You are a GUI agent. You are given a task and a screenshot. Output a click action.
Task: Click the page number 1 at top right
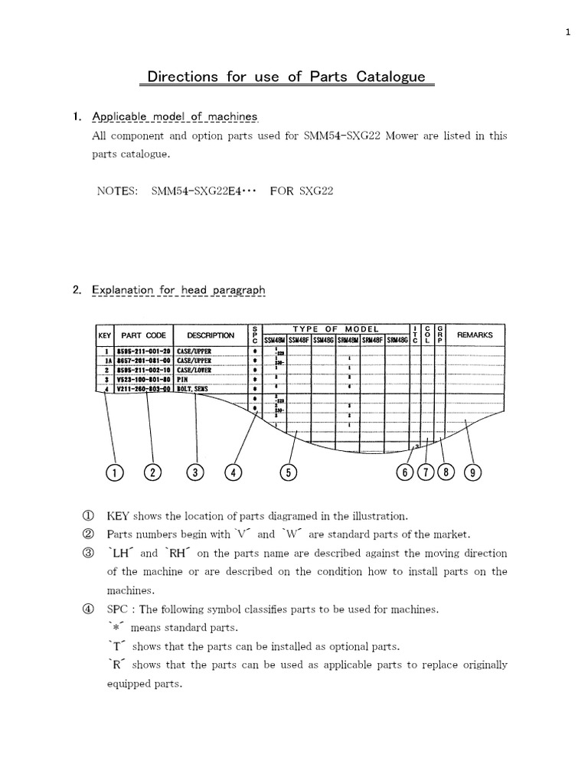point(568,32)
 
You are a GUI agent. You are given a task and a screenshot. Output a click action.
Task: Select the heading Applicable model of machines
point(175,117)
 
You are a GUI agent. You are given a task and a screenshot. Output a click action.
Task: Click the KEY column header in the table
point(104,335)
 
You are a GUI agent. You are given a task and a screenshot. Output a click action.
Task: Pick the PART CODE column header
point(143,335)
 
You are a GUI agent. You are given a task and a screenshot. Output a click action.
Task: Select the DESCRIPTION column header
point(211,335)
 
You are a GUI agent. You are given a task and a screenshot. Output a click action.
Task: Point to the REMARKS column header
point(475,335)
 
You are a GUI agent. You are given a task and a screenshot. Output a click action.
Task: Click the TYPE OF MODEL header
point(336,328)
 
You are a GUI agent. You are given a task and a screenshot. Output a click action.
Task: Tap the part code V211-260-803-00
point(143,389)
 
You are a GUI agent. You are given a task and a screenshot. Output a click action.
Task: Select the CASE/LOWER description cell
point(194,370)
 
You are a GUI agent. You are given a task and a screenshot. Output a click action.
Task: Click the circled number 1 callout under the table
point(114,472)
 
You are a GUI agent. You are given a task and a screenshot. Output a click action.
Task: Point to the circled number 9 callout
point(473,472)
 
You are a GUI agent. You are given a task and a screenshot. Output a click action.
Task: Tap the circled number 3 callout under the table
point(195,472)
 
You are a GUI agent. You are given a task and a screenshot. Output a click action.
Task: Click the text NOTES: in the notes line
point(116,191)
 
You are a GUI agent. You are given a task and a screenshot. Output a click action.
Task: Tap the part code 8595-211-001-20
point(143,351)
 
